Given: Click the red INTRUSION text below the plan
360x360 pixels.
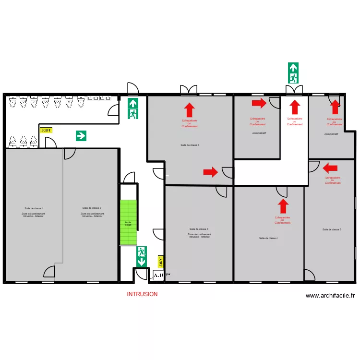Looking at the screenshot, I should coord(142,294).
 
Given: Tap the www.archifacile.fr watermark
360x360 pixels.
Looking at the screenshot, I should coord(330,296).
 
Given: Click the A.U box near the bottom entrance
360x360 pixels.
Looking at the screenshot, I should coord(158,275).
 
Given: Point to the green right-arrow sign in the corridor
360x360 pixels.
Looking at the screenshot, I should coord(81,136).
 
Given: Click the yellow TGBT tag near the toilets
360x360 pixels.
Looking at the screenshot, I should coord(46,130).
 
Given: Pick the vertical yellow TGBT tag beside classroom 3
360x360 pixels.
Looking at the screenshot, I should coord(161,262).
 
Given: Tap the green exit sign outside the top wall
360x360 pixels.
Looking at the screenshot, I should coord(293,73).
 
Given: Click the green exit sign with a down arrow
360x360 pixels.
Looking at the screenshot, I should coord(142,257).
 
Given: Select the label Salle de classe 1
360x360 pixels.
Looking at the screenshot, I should coord(34,208).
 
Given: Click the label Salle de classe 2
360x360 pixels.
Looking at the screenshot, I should coord(92,208).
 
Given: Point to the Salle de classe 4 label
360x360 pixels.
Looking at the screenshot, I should coord(268,238).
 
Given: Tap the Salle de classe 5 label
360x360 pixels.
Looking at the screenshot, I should coord(332,229).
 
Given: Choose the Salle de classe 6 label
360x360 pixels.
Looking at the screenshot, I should coord(190,145).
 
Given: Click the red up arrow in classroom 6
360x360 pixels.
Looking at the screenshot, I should coord(190,110).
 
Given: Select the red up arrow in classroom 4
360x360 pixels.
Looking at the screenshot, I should coord(284,206).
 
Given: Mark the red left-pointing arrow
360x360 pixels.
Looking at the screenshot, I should coord(330,168).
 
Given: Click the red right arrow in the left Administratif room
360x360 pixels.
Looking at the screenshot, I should coord(259,103).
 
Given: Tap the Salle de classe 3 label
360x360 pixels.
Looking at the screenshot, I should coord(199,229).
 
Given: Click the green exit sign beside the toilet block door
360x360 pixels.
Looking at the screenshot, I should coord(133,108).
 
